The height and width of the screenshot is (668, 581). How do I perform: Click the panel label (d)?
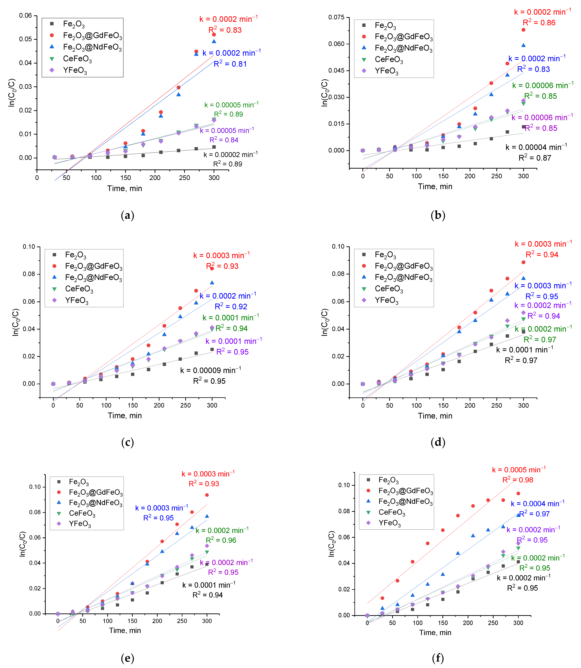pyautogui.click(x=438, y=442)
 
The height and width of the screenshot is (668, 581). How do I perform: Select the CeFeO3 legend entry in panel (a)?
pyautogui.click(x=77, y=59)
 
